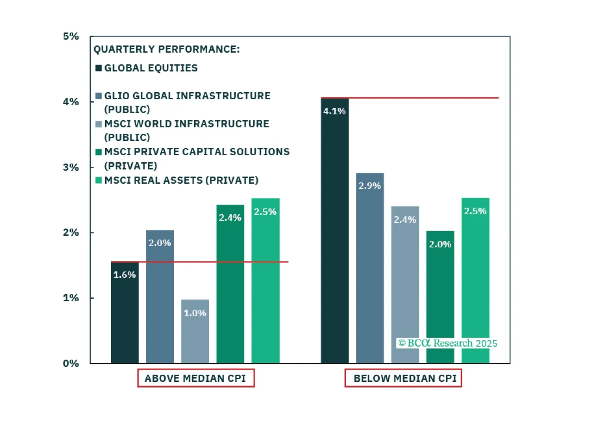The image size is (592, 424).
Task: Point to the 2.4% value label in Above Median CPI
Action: (x=230, y=218)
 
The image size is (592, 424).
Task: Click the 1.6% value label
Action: (x=124, y=275)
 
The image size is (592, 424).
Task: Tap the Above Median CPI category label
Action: (x=196, y=378)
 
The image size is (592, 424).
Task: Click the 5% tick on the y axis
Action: (x=71, y=36)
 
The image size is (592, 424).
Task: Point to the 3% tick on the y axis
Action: (x=71, y=167)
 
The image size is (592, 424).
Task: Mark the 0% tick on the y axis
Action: (x=71, y=363)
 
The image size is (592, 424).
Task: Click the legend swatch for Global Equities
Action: (x=99, y=68)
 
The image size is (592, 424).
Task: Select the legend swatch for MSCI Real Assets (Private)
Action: (x=99, y=180)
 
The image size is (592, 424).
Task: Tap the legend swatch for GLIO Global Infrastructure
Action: (x=99, y=96)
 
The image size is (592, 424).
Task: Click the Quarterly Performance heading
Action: (x=166, y=49)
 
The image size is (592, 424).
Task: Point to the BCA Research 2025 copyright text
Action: (x=448, y=343)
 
